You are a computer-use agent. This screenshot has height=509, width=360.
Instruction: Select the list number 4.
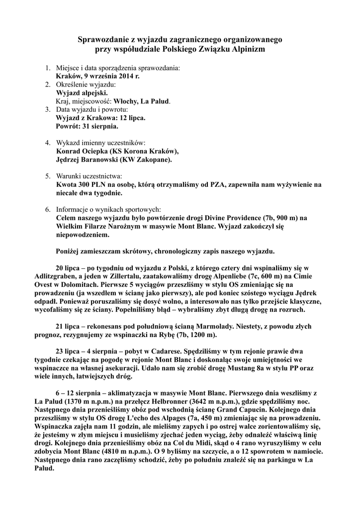[48, 142]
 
